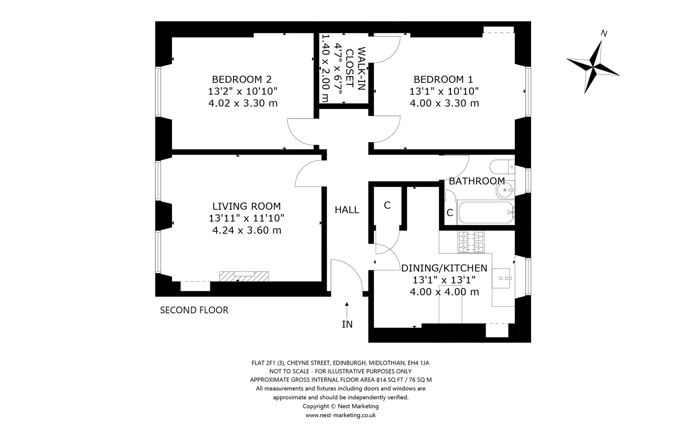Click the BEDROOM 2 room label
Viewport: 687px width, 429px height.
pyautogui.click(x=242, y=79)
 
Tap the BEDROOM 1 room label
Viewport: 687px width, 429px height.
pyautogui.click(x=443, y=79)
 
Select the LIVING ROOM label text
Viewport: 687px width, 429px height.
pyautogui.click(x=247, y=206)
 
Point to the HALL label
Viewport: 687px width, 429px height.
pyautogui.click(x=347, y=210)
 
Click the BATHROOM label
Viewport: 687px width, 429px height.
pyautogui.click(x=477, y=181)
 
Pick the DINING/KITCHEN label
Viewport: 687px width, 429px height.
pyautogui.click(x=444, y=268)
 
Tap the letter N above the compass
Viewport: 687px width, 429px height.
pyautogui.click(x=604, y=34)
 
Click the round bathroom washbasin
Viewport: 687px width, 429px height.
pyautogui.click(x=505, y=190)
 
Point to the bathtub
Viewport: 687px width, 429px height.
pyautogui.click(x=486, y=212)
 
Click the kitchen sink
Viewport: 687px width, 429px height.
pyautogui.click(x=501, y=278)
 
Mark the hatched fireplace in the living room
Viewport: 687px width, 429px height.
pyautogui.click(x=244, y=276)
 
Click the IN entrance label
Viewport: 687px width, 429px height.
pyautogui.click(x=347, y=324)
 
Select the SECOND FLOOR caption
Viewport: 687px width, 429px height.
pyautogui.click(x=194, y=310)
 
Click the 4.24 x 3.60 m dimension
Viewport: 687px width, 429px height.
pyautogui.click(x=247, y=230)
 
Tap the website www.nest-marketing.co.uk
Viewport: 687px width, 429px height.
pyautogui.click(x=340, y=415)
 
